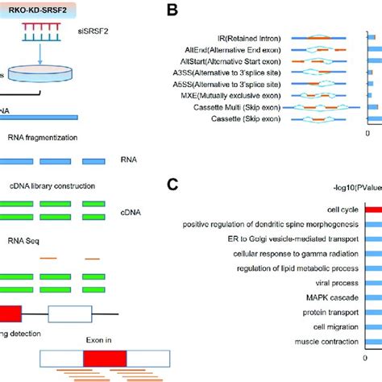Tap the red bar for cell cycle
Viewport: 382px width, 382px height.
(373, 209)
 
